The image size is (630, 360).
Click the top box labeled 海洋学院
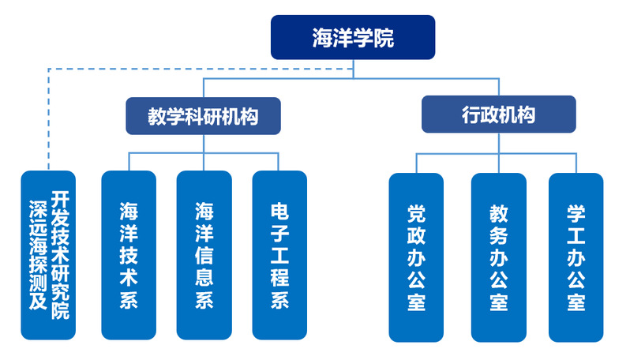tap(353, 37)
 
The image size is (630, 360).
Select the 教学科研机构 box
tap(204, 116)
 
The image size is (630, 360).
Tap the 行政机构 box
tap(499, 114)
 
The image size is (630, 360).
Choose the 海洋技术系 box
tap(129, 255)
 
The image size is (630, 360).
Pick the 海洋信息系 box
tap(204, 255)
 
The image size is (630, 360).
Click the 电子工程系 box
tap(279, 255)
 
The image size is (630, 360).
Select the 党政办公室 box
tap(416, 257)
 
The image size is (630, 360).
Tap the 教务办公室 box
tap(499, 257)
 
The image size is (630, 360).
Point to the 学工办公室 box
tap(576, 257)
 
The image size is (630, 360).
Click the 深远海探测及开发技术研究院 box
tap(48, 255)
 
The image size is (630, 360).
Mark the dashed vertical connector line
tap(49, 119)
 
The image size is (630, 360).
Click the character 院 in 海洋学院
tap(384, 38)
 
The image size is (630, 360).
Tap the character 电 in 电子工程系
tap(279, 212)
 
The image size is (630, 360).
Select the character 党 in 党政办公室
tap(416, 213)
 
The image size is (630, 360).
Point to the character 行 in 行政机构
tap(471, 115)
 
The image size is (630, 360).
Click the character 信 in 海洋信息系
tap(204, 256)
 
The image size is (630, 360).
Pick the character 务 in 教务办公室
tap(499, 235)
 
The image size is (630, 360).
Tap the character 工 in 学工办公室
tap(576, 235)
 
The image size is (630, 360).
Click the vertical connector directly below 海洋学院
tap(353, 69)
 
